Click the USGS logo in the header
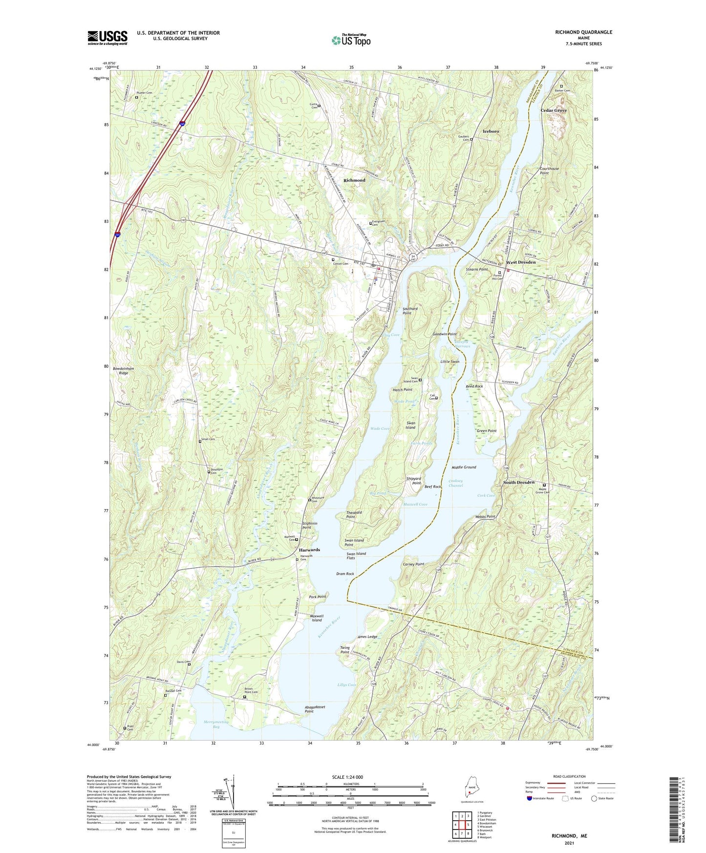(107, 38)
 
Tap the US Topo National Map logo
(351, 40)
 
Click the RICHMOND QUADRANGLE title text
(583, 32)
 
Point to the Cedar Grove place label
(554, 110)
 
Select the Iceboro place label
(491, 131)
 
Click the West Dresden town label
(521, 262)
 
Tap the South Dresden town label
(519, 482)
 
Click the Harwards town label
(309, 550)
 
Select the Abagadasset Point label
(315, 709)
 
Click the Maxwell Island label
(317, 618)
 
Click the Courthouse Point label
(550, 171)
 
